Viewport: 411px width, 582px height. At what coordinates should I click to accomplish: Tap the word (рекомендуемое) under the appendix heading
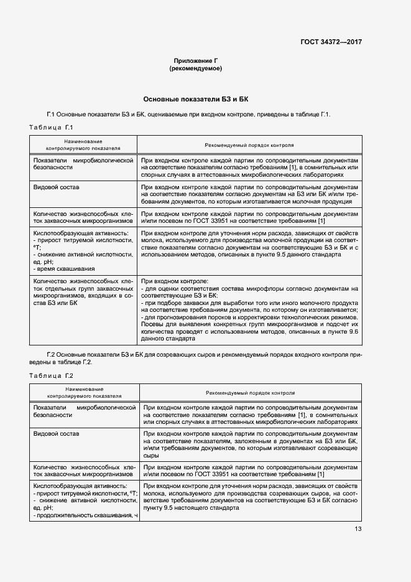pos(196,68)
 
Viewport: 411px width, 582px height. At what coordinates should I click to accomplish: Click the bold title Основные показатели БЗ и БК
pos(196,99)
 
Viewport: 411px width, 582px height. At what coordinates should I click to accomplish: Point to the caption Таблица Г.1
pos(52,128)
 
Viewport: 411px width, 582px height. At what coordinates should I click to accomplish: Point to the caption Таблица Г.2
pos(52,375)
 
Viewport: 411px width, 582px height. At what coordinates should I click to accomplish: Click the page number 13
pos(358,529)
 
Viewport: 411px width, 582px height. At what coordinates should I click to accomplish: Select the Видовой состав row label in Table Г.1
pos(56,187)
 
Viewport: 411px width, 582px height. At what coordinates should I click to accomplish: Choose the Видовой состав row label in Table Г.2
pos(56,433)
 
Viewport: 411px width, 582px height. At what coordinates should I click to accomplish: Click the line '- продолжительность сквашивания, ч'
pos(85,515)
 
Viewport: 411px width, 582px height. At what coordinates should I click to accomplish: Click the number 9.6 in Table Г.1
pos(354,333)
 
